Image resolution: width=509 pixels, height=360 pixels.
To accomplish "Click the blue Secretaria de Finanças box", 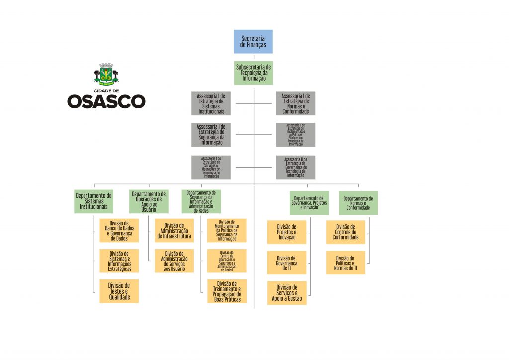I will click(254, 41).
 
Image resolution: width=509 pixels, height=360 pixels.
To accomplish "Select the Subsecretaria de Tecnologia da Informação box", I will click(254, 73).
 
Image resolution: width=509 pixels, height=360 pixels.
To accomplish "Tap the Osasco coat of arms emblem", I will click(106, 74).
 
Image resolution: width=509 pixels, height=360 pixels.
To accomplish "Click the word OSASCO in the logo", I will click(106, 101).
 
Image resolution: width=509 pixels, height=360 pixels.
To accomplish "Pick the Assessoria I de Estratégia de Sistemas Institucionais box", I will click(211, 103).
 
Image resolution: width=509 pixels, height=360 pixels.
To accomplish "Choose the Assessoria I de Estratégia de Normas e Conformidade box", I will click(295, 103).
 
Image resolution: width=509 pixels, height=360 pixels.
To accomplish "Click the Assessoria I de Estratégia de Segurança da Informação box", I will click(211, 135).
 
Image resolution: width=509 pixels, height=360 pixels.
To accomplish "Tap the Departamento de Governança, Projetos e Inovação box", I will click(309, 203).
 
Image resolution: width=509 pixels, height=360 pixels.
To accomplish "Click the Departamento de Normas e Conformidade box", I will click(358, 203).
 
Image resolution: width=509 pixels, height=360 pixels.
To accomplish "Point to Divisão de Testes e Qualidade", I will click(119, 291).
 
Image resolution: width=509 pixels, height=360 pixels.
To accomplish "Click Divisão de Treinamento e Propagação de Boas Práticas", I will click(227, 291).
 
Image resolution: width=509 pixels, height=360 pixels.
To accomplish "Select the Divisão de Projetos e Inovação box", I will click(287, 232).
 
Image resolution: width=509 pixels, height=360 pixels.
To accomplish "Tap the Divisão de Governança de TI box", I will click(287, 263).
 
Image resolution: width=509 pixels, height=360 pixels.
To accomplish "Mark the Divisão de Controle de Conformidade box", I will click(345, 232).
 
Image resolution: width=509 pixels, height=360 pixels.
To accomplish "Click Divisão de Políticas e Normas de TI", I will click(345, 263).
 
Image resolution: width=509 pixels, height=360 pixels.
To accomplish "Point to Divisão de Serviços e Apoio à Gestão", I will click(287, 293).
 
